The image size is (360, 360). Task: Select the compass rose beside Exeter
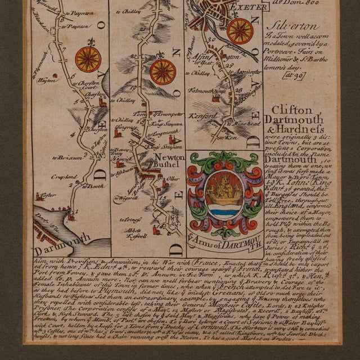pos(240,30)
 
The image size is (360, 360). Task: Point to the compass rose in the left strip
pos(88,58)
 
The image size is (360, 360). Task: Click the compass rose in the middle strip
pos(163,71)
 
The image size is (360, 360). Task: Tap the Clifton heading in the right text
pos(291,110)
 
